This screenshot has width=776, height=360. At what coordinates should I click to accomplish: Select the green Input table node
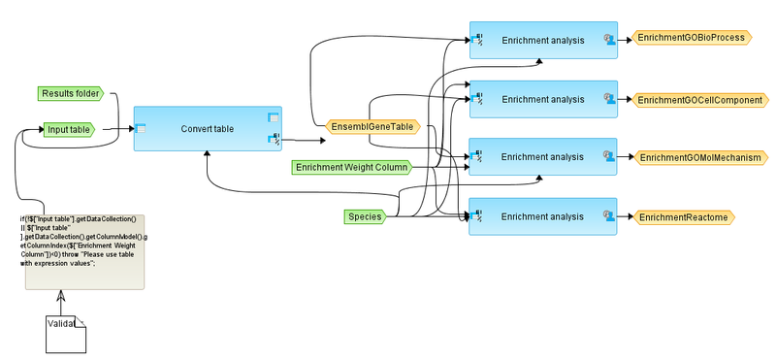(x=67, y=129)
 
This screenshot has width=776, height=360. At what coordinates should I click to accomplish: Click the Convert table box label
(x=208, y=129)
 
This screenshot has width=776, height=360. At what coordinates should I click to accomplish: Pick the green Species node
(x=365, y=215)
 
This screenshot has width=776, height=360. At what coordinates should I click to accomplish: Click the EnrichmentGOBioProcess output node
(x=690, y=38)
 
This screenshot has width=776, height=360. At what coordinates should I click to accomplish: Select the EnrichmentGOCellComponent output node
(x=697, y=99)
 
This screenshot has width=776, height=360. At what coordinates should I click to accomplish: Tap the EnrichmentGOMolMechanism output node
(x=697, y=157)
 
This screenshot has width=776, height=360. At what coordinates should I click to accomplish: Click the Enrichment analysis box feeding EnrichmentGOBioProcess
(x=543, y=40)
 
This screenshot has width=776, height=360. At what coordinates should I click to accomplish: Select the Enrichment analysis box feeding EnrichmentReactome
(x=543, y=215)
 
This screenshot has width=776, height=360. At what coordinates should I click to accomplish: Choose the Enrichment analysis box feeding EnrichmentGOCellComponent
(x=543, y=99)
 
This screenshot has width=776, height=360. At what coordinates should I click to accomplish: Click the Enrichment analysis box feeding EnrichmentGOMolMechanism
(x=543, y=157)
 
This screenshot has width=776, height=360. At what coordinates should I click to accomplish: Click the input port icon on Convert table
(x=141, y=126)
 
